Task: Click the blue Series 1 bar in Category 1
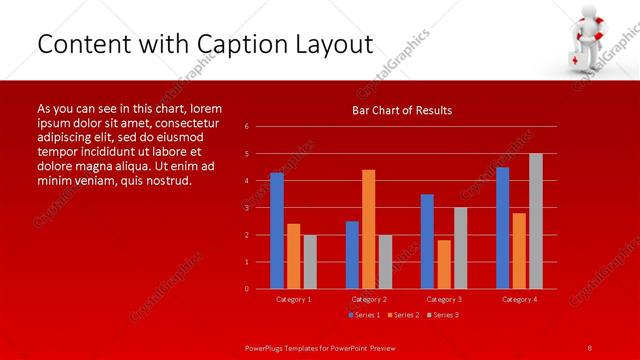(277, 231)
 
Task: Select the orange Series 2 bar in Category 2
(369, 229)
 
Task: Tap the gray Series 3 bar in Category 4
(536, 221)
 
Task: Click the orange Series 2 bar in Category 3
(444, 264)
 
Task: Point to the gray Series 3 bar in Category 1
(310, 262)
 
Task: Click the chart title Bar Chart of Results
(402, 110)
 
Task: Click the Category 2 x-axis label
(369, 299)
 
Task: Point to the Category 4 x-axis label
(519, 299)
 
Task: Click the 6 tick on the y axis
(247, 127)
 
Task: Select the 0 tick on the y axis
(247, 289)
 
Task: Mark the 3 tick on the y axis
(247, 208)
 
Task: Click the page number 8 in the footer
(590, 347)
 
